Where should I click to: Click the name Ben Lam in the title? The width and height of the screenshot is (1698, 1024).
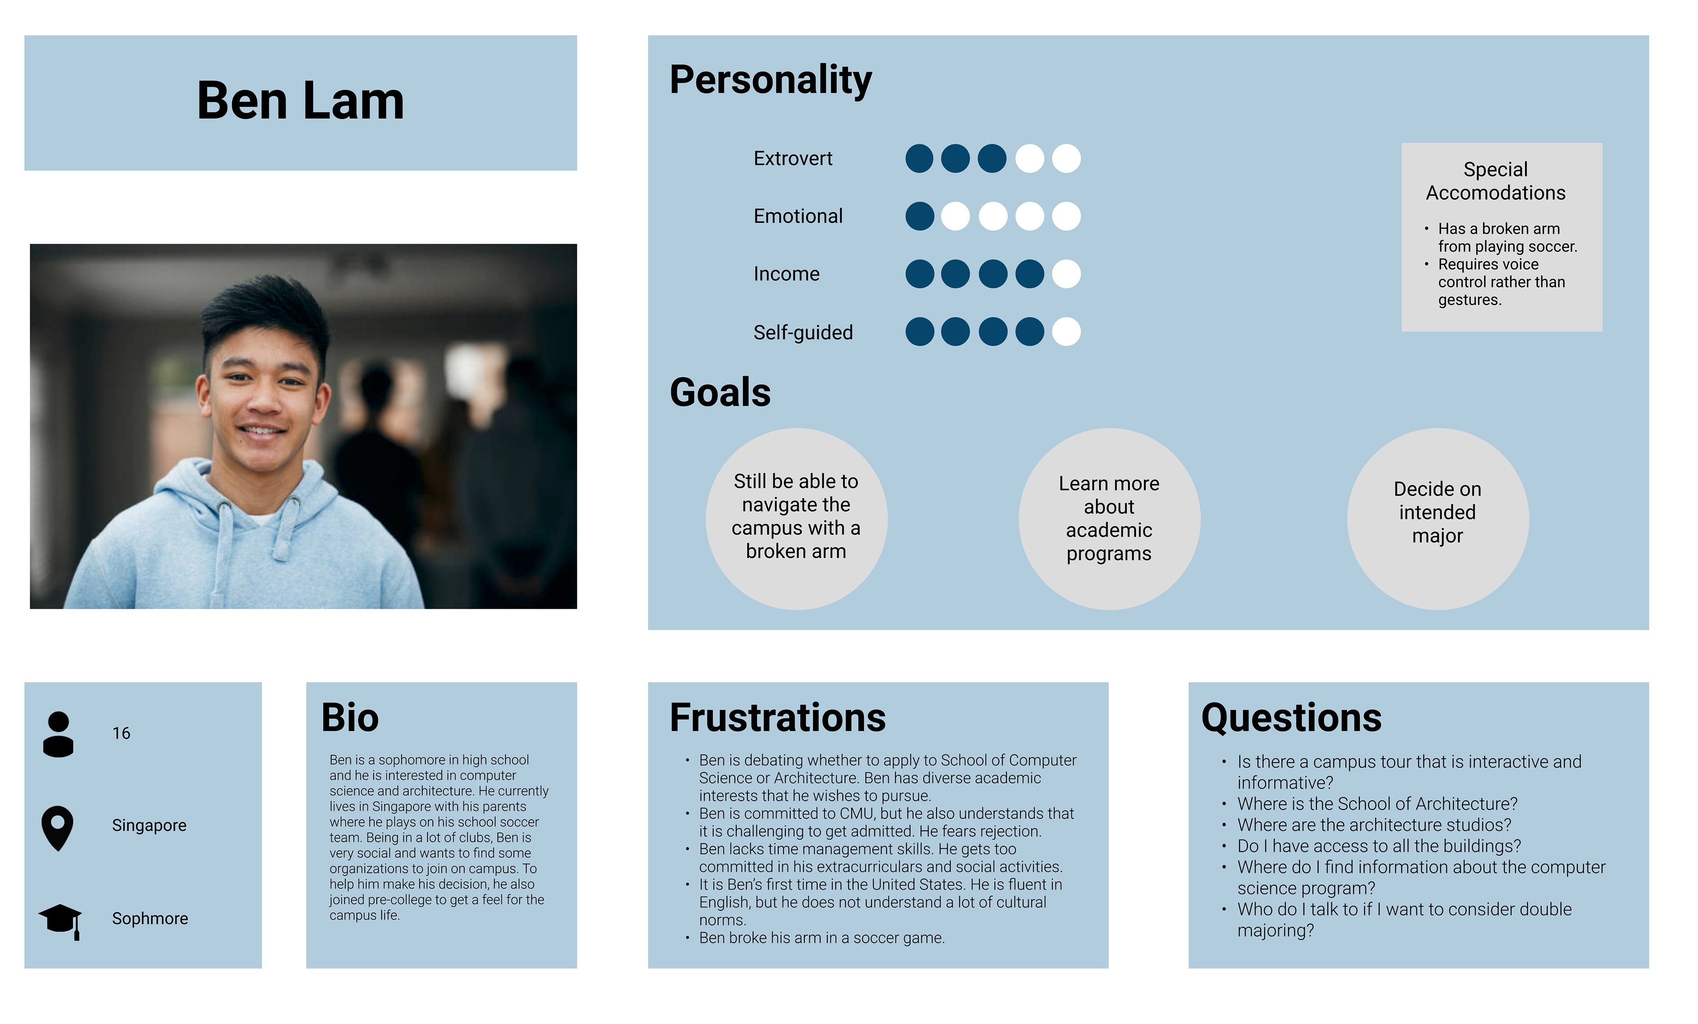coord(300,101)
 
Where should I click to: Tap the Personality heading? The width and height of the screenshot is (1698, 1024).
coord(770,80)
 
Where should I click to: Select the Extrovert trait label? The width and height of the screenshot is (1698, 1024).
coord(792,158)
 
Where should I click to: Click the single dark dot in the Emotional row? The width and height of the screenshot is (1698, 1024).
coord(919,216)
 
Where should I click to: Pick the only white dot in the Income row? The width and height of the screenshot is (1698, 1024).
coord(1066,274)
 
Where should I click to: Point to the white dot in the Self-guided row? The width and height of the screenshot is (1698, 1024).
coord(1066,332)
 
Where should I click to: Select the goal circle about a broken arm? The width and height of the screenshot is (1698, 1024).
coord(797,519)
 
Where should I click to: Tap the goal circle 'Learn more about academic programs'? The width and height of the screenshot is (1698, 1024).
coord(1109,519)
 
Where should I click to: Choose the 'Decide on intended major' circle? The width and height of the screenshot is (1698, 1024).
coord(1438,519)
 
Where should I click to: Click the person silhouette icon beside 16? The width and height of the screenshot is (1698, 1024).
coord(58,734)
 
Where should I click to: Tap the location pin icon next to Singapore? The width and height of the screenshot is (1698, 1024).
coord(58,828)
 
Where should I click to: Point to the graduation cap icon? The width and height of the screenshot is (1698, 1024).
coord(61,921)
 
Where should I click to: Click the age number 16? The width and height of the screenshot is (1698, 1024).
coord(121,733)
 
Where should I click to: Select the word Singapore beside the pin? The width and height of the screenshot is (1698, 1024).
coord(149,825)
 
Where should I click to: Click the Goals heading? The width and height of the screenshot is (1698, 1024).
coord(720,392)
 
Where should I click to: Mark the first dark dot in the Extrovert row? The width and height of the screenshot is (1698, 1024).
coord(919,158)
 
